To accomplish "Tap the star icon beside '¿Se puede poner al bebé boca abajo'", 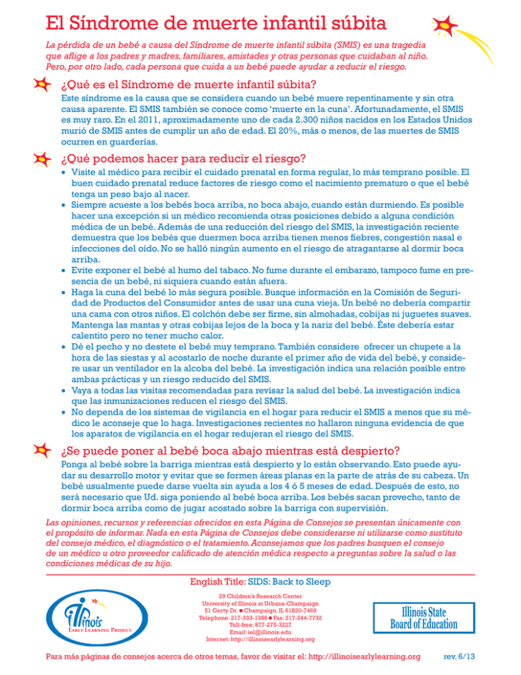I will coord(43,450).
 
